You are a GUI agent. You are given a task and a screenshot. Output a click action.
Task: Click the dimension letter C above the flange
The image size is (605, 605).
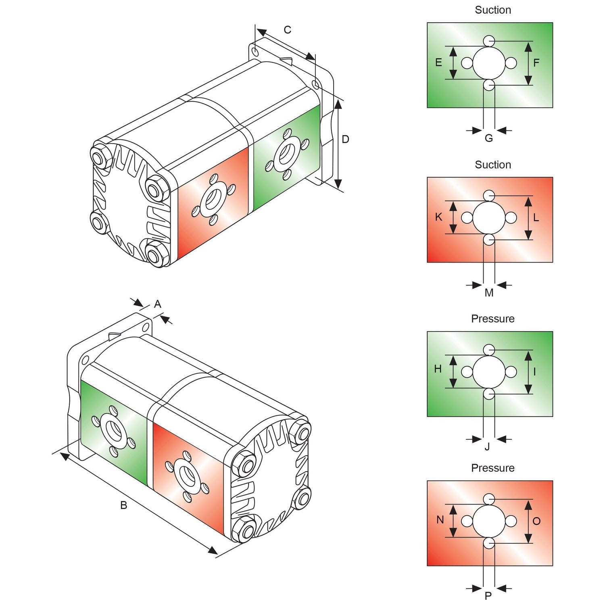pos(287,30)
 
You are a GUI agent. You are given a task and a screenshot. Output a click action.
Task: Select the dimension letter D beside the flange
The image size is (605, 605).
pos(345,139)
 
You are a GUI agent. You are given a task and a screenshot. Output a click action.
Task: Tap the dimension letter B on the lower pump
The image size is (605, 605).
pos(124,505)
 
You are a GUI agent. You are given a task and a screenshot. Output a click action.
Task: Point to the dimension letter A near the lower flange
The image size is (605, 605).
pos(158,304)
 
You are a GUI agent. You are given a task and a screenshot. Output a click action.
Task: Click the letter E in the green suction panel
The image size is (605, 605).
pos(438,63)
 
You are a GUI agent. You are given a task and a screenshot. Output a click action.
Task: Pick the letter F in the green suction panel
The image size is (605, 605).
pos(536,63)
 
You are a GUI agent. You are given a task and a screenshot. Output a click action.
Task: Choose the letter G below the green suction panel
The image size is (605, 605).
pos(489,138)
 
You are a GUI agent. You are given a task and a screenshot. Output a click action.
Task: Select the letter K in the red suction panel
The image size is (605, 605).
pos(438,217)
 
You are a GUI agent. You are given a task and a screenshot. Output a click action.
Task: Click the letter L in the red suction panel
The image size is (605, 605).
pos(536,218)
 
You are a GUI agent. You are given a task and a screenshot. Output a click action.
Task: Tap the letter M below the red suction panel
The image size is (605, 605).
pos(489,293)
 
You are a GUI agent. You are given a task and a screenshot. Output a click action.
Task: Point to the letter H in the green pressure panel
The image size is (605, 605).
pos(438,369)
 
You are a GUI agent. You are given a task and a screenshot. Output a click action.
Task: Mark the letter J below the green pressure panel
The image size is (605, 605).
pos(487,447)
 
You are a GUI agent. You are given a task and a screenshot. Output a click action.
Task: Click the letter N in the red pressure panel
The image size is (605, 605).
pos(440,520)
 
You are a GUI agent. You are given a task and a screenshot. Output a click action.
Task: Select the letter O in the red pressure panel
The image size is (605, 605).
pos(536,521)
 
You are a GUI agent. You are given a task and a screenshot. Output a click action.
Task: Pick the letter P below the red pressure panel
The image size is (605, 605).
pos(488,596)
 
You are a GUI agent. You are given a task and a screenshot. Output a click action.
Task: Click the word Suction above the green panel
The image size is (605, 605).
pos(493,10)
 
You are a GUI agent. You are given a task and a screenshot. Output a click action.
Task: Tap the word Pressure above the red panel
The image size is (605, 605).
pos(493,468)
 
